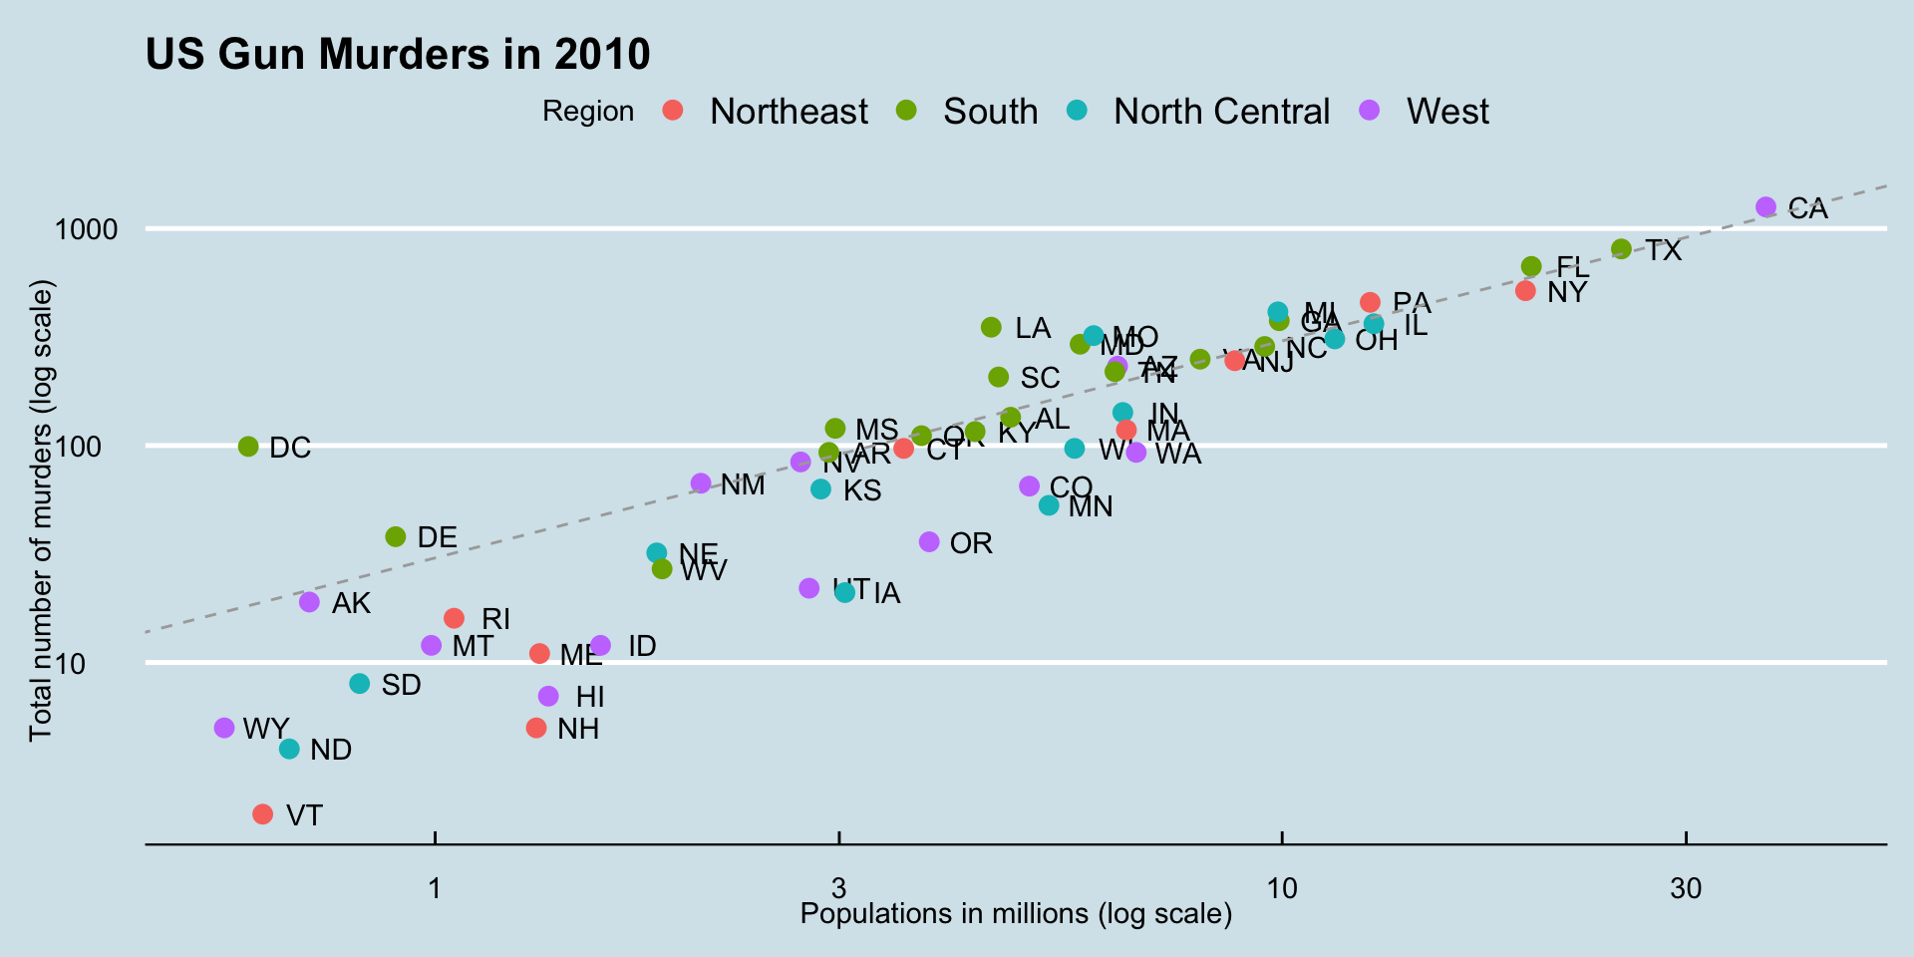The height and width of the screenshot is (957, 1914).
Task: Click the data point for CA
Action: [x=1765, y=207]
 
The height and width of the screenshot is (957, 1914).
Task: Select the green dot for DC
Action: [x=248, y=447]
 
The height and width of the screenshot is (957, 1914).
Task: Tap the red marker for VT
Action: [x=262, y=814]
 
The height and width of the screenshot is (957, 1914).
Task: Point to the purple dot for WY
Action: [x=224, y=729]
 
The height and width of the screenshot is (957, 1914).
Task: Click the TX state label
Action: [x=1663, y=251]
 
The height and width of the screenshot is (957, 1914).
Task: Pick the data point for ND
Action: [x=289, y=749]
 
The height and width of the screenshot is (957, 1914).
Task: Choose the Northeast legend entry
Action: [x=788, y=112]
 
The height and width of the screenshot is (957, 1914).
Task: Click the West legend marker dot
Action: [x=1370, y=111]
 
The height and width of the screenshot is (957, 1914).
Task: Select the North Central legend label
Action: [x=1221, y=112]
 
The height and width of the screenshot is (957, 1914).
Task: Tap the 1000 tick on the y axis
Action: [x=86, y=229]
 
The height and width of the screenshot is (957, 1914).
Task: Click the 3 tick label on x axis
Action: [x=838, y=887]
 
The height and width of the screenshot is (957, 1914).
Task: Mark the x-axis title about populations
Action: [x=1016, y=914]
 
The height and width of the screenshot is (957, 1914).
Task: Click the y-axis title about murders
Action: [x=41, y=510]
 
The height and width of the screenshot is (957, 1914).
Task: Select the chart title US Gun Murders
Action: [x=398, y=54]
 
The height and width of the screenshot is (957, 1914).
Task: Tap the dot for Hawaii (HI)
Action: [x=548, y=696]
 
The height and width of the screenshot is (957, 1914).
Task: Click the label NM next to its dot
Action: [x=743, y=485]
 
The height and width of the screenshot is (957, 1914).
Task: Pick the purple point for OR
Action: [x=929, y=541]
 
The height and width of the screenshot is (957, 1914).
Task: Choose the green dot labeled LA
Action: [x=991, y=327]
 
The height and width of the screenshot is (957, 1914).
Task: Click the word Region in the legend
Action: [x=587, y=112]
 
